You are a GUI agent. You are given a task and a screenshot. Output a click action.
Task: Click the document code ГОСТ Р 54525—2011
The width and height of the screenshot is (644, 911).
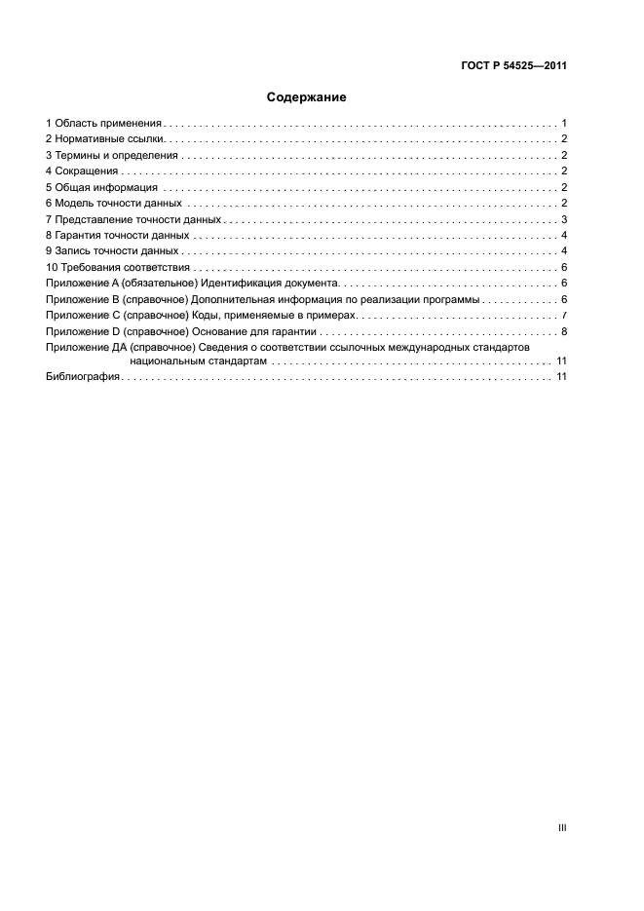[x=513, y=67]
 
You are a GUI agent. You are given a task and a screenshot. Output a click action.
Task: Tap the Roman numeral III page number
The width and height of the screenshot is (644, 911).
[x=562, y=827]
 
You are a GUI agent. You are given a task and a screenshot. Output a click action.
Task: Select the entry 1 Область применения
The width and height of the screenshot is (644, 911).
[x=103, y=124]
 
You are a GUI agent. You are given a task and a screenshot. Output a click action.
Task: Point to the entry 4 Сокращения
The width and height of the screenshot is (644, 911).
[x=82, y=171]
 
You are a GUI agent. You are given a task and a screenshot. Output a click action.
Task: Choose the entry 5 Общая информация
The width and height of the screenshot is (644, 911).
[x=101, y=187]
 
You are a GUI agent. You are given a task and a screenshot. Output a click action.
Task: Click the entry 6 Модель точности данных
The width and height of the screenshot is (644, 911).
[x=113, y=203]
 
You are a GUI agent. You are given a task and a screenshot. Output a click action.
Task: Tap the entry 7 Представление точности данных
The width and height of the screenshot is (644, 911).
[x=133, y=219]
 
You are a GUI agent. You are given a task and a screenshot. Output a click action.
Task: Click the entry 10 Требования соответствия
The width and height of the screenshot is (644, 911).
[x=117, y=267]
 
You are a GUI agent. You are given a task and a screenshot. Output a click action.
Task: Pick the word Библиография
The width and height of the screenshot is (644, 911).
[x=82, y=377]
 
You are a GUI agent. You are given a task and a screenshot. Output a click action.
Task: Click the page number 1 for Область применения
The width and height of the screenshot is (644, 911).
[x=565, y=124]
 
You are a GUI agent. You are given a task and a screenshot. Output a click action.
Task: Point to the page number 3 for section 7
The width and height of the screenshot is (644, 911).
[x=565, y=219]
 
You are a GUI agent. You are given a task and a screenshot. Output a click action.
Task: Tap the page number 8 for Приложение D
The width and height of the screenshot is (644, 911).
[x=565, y=330]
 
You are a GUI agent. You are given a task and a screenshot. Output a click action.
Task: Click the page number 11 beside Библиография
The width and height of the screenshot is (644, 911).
[x=561, y=377]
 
